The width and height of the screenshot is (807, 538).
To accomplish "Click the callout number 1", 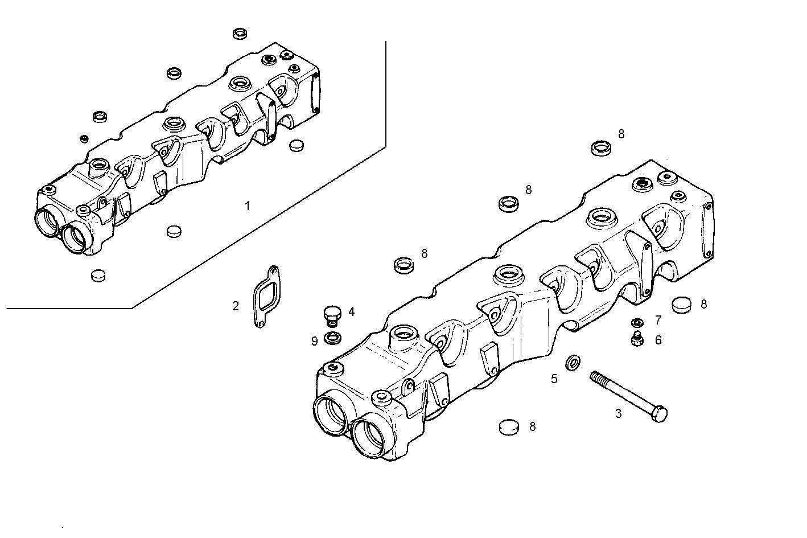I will pos(247,206).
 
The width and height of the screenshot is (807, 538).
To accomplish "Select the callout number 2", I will pos(236,306).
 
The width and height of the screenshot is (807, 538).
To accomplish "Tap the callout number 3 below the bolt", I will pos(619,414).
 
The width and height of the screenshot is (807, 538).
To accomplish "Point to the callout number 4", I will pos(352,311).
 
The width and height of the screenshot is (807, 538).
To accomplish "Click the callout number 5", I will pos(554,379).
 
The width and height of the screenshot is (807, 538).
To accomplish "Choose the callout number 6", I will pos(658,340).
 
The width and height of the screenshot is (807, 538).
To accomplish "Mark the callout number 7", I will pos(658,320).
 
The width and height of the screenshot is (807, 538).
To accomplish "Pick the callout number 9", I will pos(314,341).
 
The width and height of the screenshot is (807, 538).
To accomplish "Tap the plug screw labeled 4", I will pos(331,313).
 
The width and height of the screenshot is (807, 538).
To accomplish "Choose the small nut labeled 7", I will pos(637,322).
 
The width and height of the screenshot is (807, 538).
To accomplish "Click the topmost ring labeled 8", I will pos(600,148).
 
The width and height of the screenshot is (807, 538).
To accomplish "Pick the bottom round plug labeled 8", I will pos(509,427).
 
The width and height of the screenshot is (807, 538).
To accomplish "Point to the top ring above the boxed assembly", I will pos(240,34).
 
